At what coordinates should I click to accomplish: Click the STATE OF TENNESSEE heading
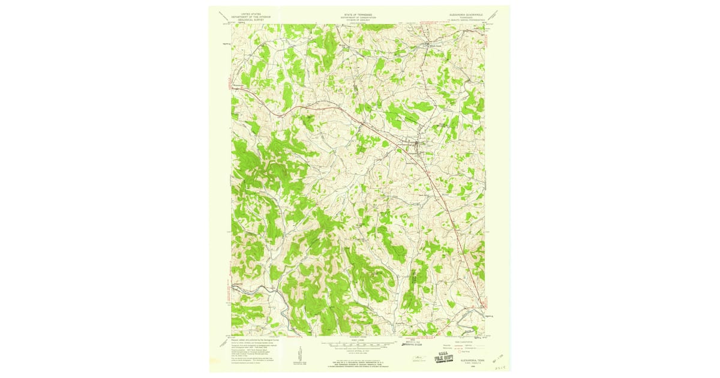358,12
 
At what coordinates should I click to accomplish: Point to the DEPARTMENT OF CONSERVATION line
358,15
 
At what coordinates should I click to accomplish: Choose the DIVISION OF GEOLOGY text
358,18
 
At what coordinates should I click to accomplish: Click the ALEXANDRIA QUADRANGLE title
465,12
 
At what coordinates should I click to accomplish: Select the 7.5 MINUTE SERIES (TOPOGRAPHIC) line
465,19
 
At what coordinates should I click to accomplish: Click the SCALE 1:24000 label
358,340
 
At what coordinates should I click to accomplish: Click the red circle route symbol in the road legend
463,349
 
